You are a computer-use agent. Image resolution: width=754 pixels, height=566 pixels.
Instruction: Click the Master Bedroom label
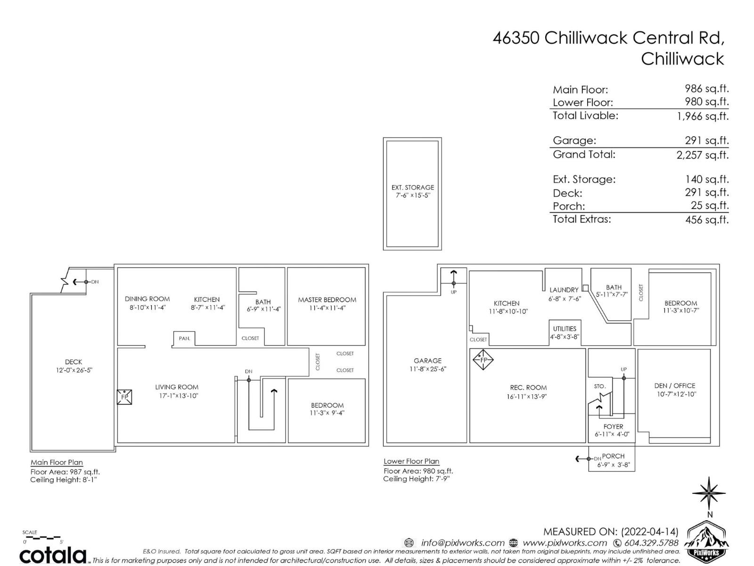tap(327, 300)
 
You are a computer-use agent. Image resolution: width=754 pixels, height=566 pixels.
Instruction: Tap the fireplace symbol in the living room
tap(124, 397)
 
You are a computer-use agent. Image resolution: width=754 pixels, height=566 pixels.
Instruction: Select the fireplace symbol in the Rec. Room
tap(483, 360)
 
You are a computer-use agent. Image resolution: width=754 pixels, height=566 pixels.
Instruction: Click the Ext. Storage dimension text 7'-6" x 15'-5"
tap(412, 195)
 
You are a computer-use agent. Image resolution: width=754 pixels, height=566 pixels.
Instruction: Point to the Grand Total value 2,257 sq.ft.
tap(702, 155)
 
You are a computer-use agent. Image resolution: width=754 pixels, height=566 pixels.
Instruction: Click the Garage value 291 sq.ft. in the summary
tap(706, 141)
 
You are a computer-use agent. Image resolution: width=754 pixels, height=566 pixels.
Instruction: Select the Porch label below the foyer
tap(613, 456)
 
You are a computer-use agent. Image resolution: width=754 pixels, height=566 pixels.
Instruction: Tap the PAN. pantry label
tap(184, 338)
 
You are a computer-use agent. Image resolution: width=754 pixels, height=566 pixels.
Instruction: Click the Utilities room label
tap(565, 329)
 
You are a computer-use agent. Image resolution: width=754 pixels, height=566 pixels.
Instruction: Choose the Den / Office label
tap(674, 385)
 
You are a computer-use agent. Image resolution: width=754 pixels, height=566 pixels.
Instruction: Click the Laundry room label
tap(564, 290)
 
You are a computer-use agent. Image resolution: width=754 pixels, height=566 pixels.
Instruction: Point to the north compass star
tap(709, 493)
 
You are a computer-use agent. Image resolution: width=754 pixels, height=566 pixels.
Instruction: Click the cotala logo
tap(53, 555)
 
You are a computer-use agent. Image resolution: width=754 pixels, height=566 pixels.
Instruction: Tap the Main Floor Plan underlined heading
tap(57, 462)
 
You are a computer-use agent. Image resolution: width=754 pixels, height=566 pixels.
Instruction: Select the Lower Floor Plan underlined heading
tap(411, 461)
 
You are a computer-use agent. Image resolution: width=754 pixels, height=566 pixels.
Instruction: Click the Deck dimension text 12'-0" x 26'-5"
tap(74, 370)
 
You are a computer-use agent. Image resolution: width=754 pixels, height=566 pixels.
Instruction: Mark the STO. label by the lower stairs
tap(599, 386)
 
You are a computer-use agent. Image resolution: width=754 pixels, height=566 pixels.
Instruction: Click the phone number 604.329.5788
tap(651, 543)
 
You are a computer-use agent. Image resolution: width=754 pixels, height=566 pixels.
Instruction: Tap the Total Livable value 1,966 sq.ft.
tap(703, 116)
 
